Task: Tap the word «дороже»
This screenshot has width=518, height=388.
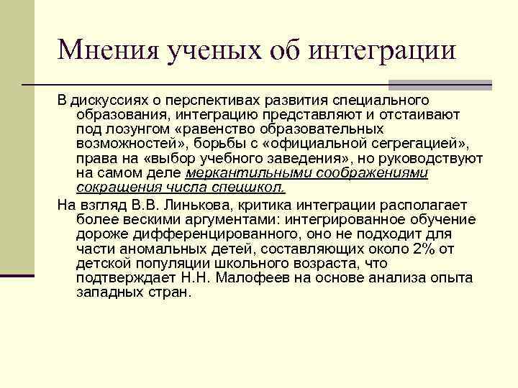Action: click(x=96, y=234)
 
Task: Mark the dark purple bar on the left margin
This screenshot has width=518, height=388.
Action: click(x=17, y=275)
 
